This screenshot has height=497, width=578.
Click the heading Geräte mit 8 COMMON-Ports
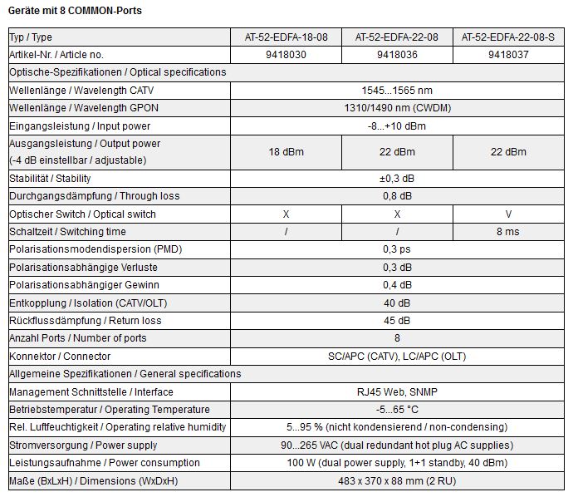(x=75, y=11)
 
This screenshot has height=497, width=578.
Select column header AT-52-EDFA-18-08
(x=286, y=37)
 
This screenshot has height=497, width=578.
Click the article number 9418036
(x=396, y=54)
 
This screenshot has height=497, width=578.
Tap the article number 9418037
(x=508, y=54)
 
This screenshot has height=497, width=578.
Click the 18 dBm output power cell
(x=286, y=151)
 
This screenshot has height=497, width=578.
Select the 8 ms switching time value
(x=508, y=232)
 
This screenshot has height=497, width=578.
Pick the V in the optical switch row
(x=508, y=214)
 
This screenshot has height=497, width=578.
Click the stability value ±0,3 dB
(x=397, y=179)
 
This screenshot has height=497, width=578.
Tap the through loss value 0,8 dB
(x=397, y=196)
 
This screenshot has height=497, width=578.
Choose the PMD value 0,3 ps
(x=397, y=249)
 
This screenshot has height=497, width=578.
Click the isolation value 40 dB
(x=397, y=303)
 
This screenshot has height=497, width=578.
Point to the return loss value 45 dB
(x=397, y=321)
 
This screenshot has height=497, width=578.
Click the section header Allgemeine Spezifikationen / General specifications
(x=125, y=374)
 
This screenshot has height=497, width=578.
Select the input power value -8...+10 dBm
(x=397, y=125)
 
